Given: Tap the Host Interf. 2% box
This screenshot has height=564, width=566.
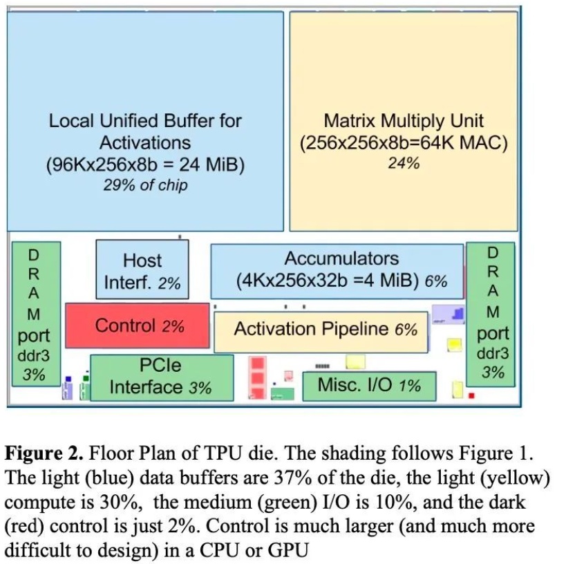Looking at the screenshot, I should [x=142, y=270].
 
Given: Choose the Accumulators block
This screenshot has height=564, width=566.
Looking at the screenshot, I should [x=337, y=270].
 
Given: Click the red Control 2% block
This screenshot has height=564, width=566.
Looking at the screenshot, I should [x=137, y=326].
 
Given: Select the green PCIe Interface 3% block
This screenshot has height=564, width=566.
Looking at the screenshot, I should [x=162, y=377].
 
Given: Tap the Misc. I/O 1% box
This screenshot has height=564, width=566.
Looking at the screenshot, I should [x=368, y=386].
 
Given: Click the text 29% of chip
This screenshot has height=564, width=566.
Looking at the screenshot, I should [x=145, y=185].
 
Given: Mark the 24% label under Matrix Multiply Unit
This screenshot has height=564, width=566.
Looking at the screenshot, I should [x=404, y=163].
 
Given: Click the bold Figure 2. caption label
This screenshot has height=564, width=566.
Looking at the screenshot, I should [x=44, y=454].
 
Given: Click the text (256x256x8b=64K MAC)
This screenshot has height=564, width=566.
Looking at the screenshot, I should [x=404, y=144].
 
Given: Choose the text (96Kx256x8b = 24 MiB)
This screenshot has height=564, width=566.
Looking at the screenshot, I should [x=145, y=166].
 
